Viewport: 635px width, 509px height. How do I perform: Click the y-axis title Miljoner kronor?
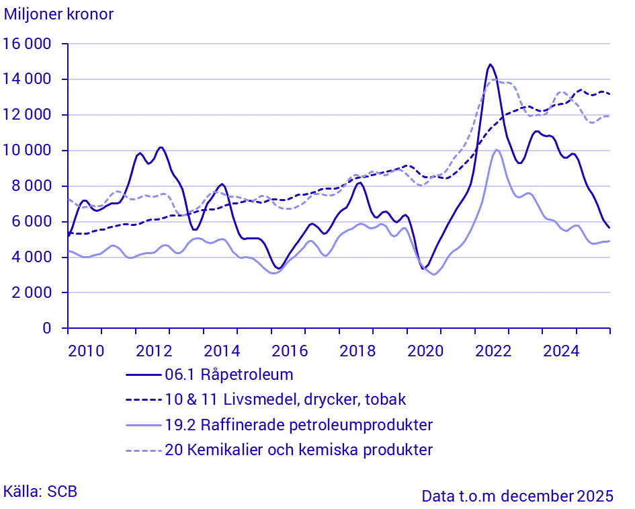[x=58, y=14]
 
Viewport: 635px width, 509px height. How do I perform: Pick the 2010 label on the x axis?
[x=85, y=350]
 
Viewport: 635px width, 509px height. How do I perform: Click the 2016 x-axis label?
[x=289, y=350]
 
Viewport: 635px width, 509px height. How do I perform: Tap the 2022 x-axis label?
[x=493, y=350]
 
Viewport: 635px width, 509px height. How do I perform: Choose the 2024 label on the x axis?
[x=560, y=350]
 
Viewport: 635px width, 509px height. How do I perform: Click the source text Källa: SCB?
[x=40, y=492]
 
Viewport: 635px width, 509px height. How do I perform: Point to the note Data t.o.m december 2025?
[x=517, y=496]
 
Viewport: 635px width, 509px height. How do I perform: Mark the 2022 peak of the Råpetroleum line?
[x=490, y=65]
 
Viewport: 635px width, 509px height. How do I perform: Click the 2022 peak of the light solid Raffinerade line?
[x=497, y=150]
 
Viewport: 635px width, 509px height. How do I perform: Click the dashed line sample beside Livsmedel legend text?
[x=143, y=399]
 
